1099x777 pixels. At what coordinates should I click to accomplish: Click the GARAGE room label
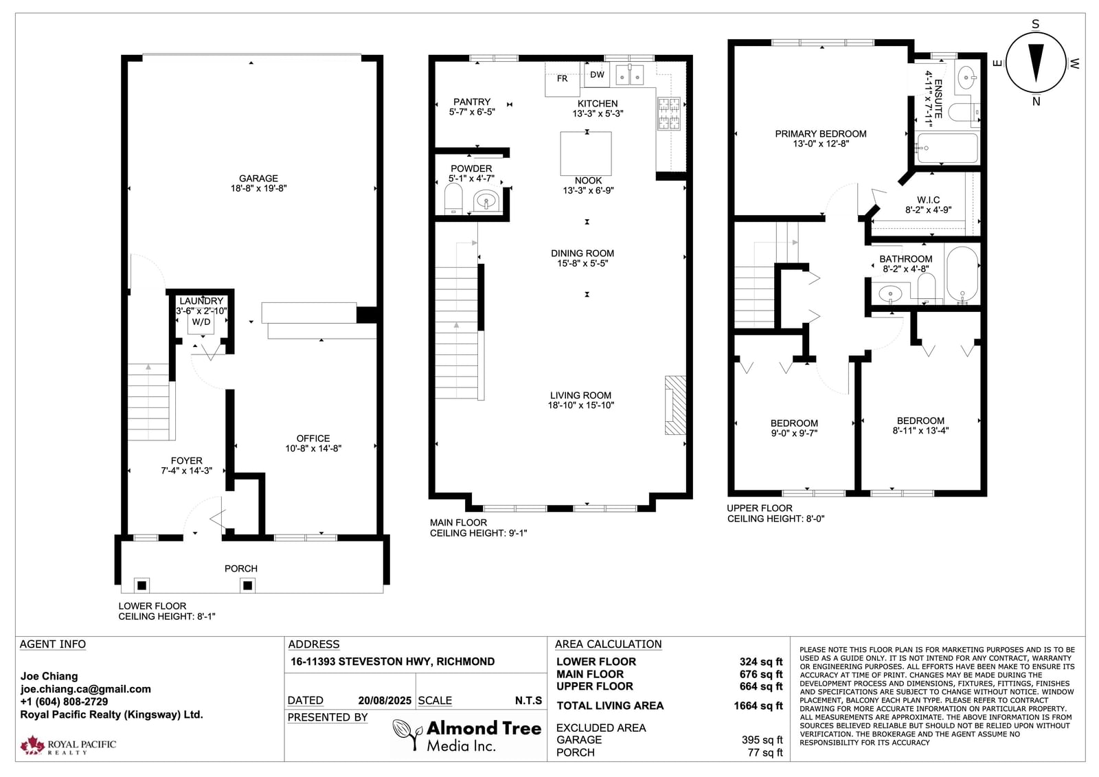click(258, 178)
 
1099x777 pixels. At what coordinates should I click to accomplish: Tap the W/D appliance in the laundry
click(201, 322)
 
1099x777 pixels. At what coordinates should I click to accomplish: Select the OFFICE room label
click(313, 438)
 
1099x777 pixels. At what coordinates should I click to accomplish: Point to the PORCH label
click(241, 568)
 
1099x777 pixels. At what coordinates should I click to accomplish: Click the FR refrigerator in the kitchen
click(563, 78)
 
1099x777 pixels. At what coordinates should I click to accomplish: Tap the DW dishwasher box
click(597, 75)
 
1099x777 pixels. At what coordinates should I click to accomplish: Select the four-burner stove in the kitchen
click(669, 113)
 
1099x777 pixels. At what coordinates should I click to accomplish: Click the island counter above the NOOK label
click(586, 153)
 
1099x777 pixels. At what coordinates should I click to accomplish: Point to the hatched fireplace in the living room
click(675, 405)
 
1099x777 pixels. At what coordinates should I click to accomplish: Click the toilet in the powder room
click(453, 199)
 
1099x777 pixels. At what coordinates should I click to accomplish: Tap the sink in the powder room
click(486, 201)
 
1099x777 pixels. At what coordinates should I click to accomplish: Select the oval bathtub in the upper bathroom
click(962, 274)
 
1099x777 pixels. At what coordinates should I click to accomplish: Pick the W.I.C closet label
click(928, 200)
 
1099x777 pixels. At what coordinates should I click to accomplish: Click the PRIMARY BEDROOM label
click(821, 133)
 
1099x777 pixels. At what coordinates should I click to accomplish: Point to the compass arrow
click(1036, 63)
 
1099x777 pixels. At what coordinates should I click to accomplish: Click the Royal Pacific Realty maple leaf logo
click(32, 745)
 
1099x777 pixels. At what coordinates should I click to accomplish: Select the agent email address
click(85, 688)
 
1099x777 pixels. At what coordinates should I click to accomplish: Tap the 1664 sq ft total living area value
click(758, 706)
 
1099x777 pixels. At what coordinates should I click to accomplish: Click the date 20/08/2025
click(385, 701)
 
